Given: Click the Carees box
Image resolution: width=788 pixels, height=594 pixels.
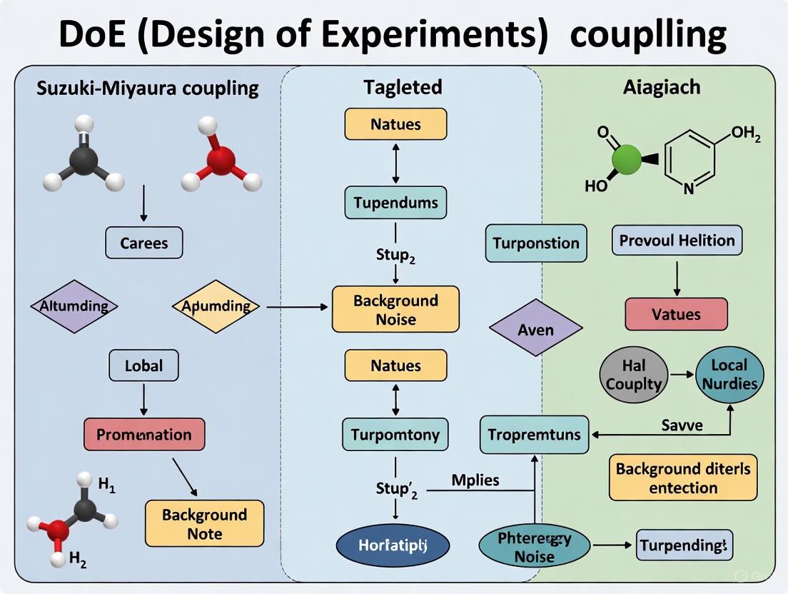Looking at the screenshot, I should [x=144, y=243].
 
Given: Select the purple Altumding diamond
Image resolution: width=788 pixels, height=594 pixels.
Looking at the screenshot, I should [x=74, y=306].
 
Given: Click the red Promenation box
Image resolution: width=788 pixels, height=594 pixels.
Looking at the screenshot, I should [x=144, y=434].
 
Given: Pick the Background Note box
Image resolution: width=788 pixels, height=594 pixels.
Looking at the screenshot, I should [x=204, y=524].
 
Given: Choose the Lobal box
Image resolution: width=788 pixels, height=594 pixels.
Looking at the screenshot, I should [x=144, y=366].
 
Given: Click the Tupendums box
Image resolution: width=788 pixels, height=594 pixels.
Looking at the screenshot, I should [x=395, y=203].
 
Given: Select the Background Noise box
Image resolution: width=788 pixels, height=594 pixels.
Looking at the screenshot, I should [x=395, y=309].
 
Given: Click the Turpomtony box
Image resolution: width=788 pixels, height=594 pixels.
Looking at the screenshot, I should [x=395, y=434].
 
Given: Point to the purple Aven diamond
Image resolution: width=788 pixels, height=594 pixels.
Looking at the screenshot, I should [x=536, y=330].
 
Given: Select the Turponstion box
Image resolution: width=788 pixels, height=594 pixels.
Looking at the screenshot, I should [x=536, y=243].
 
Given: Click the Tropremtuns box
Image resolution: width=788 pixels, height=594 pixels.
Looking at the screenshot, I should [x=535, y=434].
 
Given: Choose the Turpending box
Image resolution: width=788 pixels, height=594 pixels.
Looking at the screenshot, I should [x=684, y=546].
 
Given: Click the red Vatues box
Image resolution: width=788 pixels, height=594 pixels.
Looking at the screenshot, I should [x=676, y=314].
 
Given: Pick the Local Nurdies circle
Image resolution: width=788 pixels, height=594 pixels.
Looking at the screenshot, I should [x=729, y=374].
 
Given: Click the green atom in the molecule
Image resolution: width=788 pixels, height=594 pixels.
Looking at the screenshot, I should [x=627, y=161].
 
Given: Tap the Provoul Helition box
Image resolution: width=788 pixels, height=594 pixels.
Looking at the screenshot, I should [x=677, y=241].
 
